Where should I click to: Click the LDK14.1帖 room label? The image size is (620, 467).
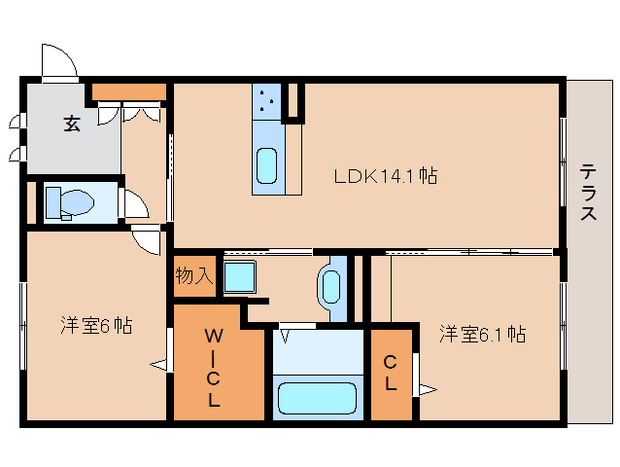(x=385, y=176)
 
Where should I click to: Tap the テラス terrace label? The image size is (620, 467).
(x=589, y=193)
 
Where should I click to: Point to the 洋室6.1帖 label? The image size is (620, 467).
(x=481, y=334)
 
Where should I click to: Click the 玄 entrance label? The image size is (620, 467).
(x=72, y=124)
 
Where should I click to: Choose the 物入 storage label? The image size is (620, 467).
(x=193, y=275)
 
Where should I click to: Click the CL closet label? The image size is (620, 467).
(x=390, y=373)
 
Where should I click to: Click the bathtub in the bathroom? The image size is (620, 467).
(x=317, y=399)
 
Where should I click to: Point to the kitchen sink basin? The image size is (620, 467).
(x=267, y=165)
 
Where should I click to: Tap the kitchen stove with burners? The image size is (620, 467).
(x=268, y=100)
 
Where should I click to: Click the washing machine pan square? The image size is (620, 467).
(x=239, y=277)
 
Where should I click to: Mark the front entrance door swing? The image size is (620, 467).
(x=58, y=61)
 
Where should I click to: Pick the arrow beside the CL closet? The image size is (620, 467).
(x=426, y=391)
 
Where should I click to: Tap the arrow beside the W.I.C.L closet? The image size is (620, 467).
(x=158, y=365)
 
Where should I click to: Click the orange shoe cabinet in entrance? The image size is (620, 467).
(x=129, y=93)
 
